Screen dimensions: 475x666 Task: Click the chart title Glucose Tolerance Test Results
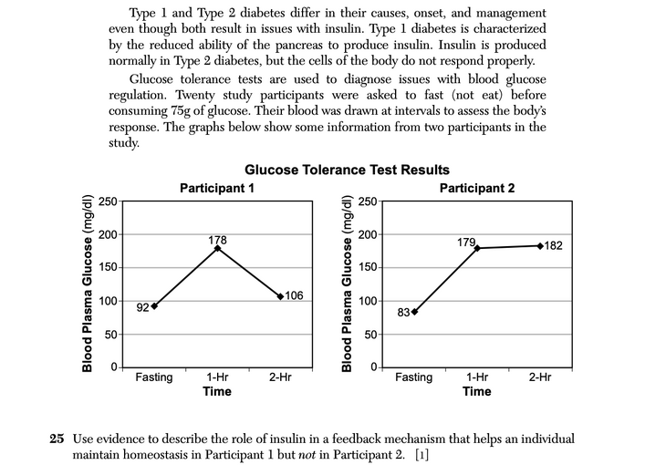(x=347, y=170)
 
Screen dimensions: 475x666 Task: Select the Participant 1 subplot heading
(x=216, y=188)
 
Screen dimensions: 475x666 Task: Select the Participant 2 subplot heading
(x=476, y=188)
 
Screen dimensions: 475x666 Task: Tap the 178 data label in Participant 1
(x=217, y=240)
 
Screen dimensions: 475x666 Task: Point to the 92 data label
(x=141, y=308)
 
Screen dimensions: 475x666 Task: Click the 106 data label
(x=294, y=295)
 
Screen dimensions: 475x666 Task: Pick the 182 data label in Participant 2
(x=553, y=246)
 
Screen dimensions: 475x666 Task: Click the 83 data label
(x=402, y=314)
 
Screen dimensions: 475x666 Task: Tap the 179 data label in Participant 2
(x=466, y=243)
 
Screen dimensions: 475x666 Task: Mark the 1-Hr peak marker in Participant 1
(x=217, y=248)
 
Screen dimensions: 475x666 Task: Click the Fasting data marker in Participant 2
(x=415, y=312)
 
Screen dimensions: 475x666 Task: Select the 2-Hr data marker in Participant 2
(x=540, y=246)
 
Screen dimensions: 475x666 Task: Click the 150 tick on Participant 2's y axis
(x=366, y=268)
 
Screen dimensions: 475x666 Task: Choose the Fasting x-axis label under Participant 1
(x=154, y=377)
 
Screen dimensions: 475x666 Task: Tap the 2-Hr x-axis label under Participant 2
(x=540, y=377)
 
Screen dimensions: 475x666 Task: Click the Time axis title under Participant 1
(x=217, y=392)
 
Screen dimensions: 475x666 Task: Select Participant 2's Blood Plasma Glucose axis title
(x=347, y=284)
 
